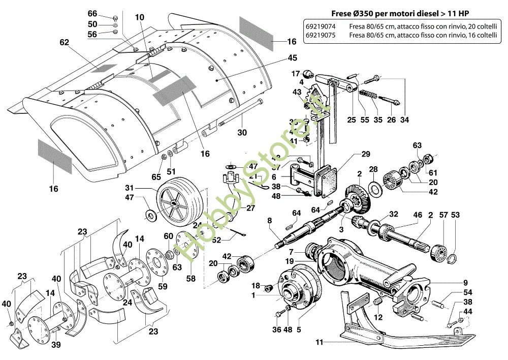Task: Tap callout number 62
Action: point(64,43)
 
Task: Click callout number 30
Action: point(241,133)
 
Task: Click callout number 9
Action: point(465,283)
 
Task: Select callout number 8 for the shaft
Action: point(270,220)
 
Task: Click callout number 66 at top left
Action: point(92,13)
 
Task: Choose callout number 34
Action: point(404,120)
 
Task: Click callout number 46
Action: point(418,216)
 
